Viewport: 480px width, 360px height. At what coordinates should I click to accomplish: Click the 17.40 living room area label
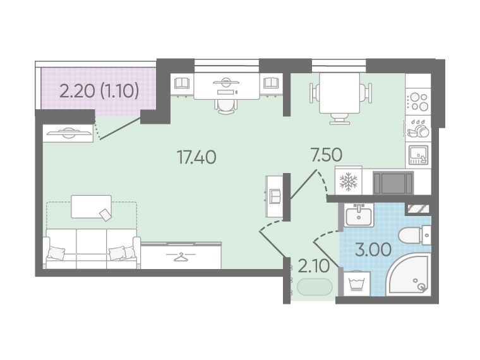(x=197, y=157)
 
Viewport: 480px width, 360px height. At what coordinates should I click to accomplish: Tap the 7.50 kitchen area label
(x=326, y=155)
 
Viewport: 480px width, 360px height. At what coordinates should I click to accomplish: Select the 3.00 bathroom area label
(x=373, y=249)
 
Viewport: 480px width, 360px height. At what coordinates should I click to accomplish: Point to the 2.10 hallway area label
(x=313, y=267)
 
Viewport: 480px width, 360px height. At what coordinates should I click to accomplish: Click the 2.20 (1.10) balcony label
(x=99, y=91)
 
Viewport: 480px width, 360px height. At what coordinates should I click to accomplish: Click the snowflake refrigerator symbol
(x=349, y=181)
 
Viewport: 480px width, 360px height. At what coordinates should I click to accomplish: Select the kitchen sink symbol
(x=418, y=155)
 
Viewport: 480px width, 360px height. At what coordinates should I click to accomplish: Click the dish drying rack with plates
(x=418, y=128)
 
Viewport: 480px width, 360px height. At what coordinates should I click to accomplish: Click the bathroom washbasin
(x=358, y=215)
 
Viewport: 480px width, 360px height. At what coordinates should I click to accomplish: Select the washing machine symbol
(x=357, y=284)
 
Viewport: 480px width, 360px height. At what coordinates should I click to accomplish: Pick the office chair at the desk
(x=226, y=106)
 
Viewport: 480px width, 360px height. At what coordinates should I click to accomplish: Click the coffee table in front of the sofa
(x=91, y=207)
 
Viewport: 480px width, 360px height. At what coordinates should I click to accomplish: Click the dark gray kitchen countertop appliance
(x=393, y=183)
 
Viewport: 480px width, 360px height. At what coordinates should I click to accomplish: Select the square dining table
(x=339, y=93)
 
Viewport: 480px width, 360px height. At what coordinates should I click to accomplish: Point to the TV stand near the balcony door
(x=68, y=133)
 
